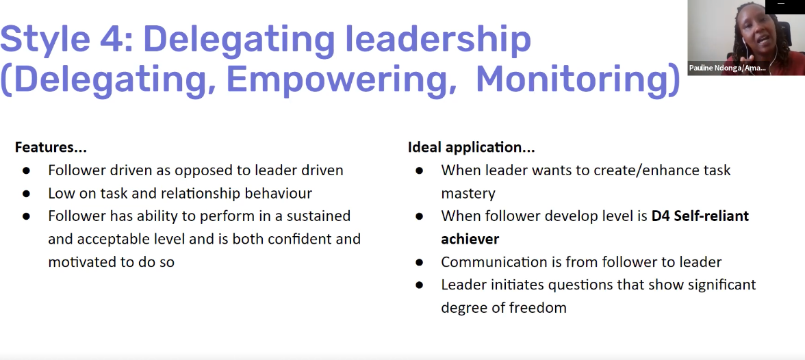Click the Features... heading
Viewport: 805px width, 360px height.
coord(51,147)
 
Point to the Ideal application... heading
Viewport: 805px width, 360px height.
coord(471,148)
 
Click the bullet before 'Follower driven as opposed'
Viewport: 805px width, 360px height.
coord(26,170)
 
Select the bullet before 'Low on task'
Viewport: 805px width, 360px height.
coord(26,194)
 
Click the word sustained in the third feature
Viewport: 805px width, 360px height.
coord(318,216)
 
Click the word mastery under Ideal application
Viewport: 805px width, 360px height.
coord(468,194)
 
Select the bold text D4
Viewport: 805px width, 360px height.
coord(661,216)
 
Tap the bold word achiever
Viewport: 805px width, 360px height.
coord(470,239)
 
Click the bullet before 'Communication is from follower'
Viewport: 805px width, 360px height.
coord(420,262)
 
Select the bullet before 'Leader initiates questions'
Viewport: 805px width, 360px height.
coord(420,285)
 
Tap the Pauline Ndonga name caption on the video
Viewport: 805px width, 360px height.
coord(727,68)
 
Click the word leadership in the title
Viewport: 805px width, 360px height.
coord(438,39)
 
